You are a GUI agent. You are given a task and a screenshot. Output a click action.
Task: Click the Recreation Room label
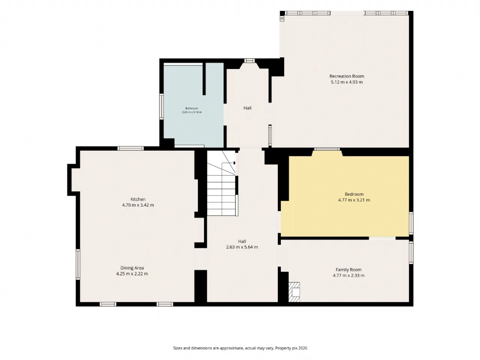[346, 76]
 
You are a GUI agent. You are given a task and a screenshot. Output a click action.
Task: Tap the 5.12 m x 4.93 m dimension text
[346, 82]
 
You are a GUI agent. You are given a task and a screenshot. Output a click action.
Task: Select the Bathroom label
[192, 108]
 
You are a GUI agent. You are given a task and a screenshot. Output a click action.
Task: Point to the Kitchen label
[138, 199]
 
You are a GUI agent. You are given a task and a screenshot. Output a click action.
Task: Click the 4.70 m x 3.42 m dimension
[138, 205]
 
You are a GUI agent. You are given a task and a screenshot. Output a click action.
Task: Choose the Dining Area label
[132, 268]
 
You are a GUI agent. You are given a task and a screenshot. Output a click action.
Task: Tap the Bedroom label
[354, 194]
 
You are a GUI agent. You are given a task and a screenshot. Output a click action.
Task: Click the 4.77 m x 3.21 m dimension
[354, 200]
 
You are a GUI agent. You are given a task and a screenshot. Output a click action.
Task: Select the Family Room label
[349, 270]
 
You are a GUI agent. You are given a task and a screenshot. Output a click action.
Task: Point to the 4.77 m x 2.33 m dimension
[349, 275]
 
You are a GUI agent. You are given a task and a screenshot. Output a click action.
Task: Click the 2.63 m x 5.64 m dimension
[242, 247]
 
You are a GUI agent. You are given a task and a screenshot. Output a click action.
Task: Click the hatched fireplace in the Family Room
[294, 292]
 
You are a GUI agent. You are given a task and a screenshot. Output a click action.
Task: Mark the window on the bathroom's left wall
[162, 106]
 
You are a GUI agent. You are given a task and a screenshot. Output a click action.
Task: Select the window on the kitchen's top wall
[130, 148]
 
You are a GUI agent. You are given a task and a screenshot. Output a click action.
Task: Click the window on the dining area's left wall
[78, 264]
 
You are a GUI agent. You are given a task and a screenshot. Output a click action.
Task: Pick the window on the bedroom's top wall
[327, 149]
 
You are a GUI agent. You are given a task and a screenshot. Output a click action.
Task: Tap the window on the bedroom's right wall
[411, 223]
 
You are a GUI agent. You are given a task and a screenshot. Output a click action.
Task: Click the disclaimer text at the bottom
[240, 348]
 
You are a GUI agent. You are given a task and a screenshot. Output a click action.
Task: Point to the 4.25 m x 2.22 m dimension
[132, 274]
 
